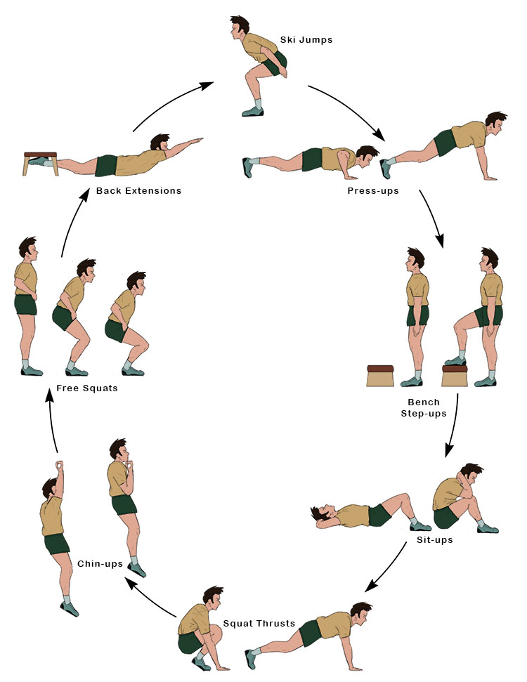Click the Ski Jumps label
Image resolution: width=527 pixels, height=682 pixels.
click(306, 40)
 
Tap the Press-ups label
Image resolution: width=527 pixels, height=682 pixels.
click(372, 190)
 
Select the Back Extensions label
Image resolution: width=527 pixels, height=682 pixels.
click(138, 190)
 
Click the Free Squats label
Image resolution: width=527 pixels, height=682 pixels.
click(86, 388)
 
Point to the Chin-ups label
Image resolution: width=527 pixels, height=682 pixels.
click(100, 563)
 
